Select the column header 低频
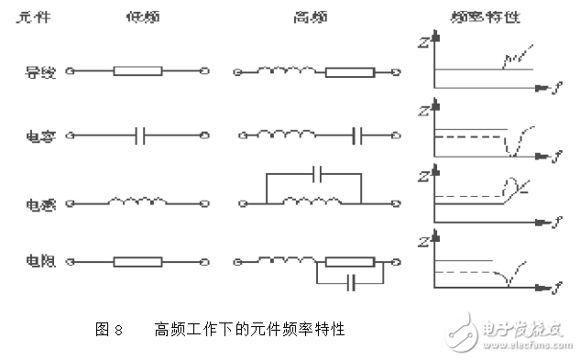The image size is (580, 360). coord(137,16)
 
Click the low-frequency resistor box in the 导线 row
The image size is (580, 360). coord(137,71)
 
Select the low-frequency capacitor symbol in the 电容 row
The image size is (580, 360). coord(140,136)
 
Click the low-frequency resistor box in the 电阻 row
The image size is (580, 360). coord(137,262)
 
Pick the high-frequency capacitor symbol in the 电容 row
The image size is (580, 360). coord(359,136)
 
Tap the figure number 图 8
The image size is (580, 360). coord(108,328)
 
